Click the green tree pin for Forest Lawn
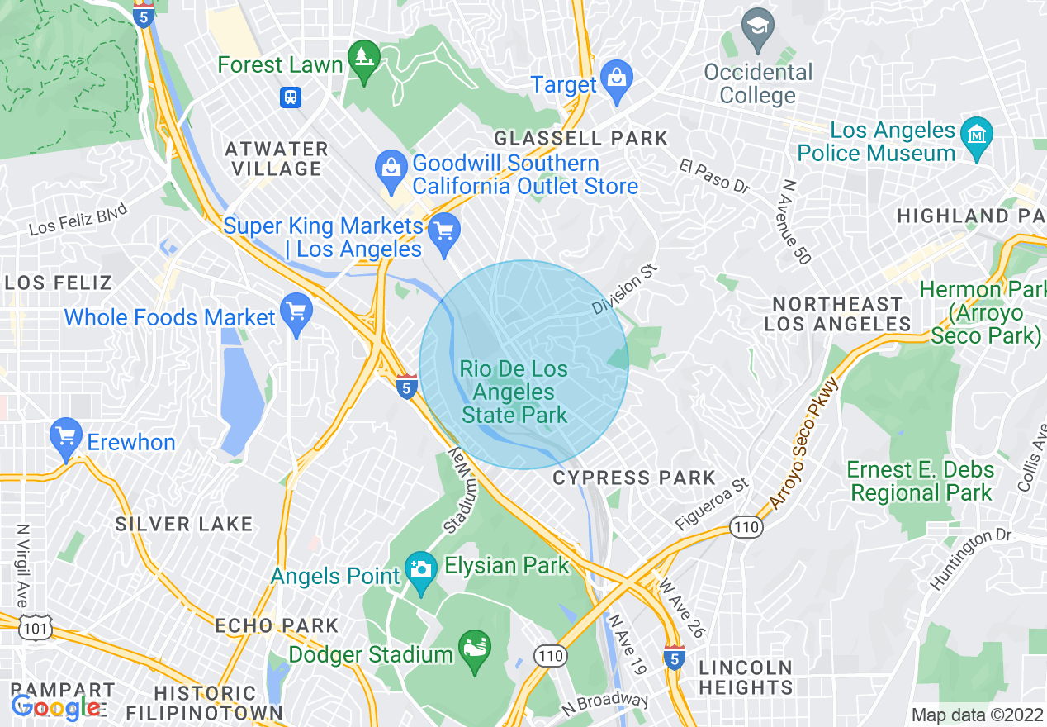[362, 59]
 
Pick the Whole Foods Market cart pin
[296, 313]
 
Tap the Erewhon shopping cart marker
[65, 437]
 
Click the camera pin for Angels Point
[421, 570]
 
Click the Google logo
[56, 706]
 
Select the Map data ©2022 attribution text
[976, 715]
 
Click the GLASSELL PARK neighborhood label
[580, 138]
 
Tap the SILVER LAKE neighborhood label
[183, 524]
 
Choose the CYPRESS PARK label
[634, 478]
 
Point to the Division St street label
[625, 289]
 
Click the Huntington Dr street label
[969, 559]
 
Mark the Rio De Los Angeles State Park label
[514, 392]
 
